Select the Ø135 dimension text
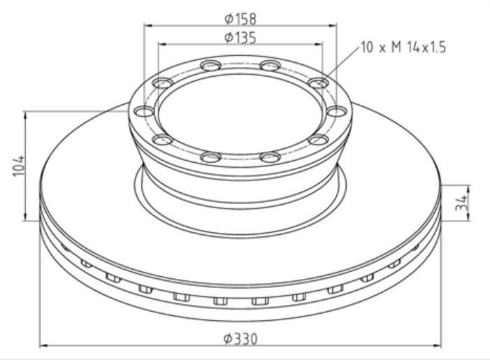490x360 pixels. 240,37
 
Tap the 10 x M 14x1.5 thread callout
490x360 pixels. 403,48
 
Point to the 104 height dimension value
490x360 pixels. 19,166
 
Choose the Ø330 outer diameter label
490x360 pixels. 240,338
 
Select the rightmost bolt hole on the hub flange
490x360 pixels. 337,111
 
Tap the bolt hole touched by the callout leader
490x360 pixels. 319,83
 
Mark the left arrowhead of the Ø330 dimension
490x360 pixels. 43,345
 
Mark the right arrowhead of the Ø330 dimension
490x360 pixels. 438,345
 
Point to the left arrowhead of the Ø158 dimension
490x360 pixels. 147,24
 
